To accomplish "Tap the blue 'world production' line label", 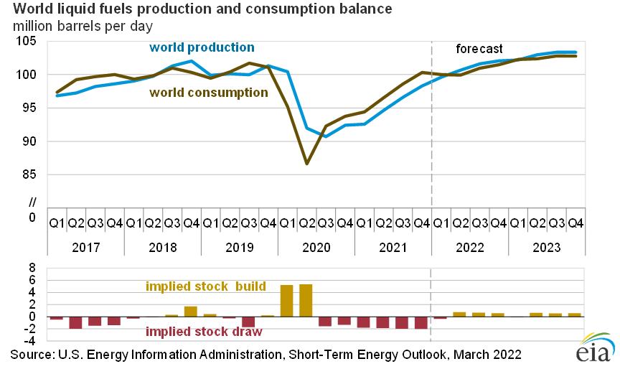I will (202, 47).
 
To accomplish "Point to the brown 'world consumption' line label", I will (209, 93).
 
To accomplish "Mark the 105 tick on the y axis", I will (29, 42).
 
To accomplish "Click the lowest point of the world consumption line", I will (306, 164).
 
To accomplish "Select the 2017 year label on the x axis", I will (85, 246).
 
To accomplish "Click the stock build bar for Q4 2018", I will (191, 312).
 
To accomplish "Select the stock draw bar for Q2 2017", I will (75, 322).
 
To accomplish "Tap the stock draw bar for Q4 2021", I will (421, 322).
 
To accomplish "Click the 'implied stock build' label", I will (206, 286).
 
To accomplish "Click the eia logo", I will (593, 350).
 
